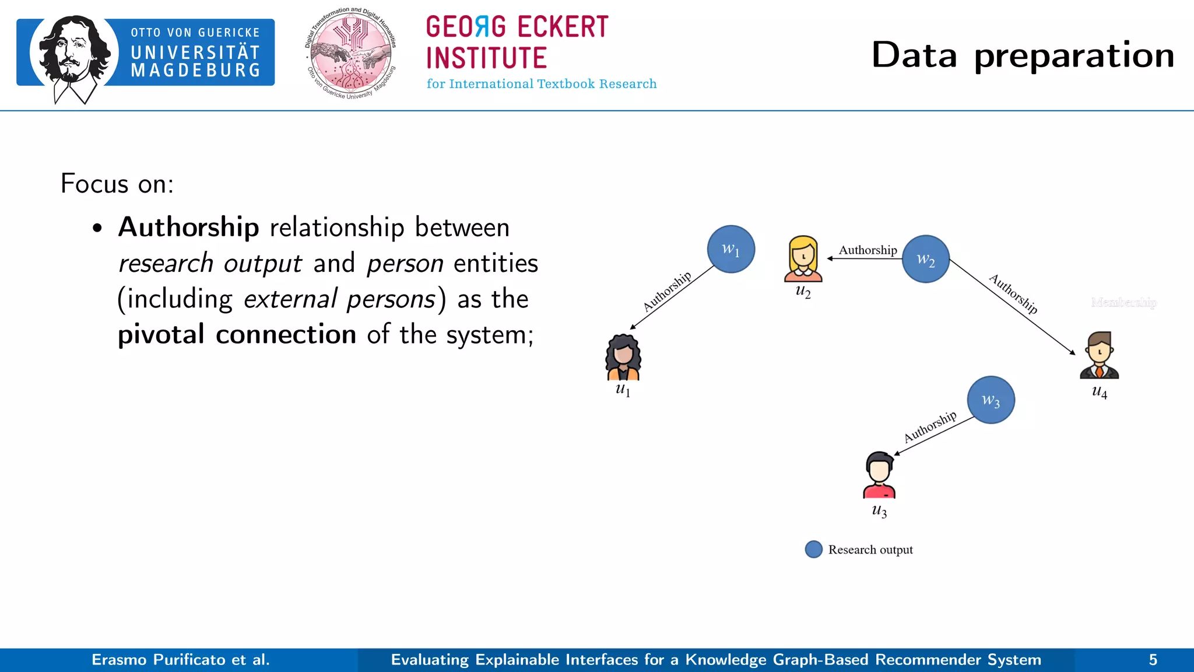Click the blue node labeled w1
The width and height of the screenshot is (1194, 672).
tap(731, 249)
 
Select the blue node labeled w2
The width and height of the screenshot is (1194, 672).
tap(925, 259)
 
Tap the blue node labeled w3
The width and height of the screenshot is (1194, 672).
tap(991, 400)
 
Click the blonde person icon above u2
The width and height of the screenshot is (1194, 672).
tap(803, 258)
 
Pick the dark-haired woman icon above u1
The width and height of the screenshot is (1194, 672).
tap(623, 357)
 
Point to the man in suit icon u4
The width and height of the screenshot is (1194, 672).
tap(1099, 355)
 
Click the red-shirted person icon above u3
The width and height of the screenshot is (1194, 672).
tap(879, 475)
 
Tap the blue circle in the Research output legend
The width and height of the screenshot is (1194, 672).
tap(813, 549)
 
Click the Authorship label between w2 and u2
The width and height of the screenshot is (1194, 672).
tap(868, 250)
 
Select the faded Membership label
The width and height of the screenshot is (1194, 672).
tap(1123, 302)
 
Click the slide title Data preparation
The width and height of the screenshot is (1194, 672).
tap(1023, 55)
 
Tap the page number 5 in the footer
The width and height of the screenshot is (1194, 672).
tap(1153, 660)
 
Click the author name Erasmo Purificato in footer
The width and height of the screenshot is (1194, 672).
tap(180, 660)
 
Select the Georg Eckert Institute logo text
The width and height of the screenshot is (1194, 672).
tap(517, 43)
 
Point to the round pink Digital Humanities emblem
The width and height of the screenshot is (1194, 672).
tap(351, 54)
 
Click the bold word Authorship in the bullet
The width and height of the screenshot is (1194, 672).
tap(188, 227)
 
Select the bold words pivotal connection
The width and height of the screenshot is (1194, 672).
tap(237, 335)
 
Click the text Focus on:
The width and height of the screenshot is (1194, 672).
tap(117, 184)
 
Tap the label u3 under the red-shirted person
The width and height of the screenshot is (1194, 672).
tap(879, 511)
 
